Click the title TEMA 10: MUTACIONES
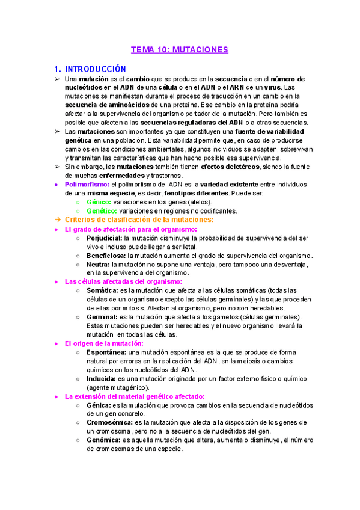180,50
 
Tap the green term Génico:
99,202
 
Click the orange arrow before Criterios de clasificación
58,220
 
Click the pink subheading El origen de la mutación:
104,343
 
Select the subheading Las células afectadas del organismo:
123,281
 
